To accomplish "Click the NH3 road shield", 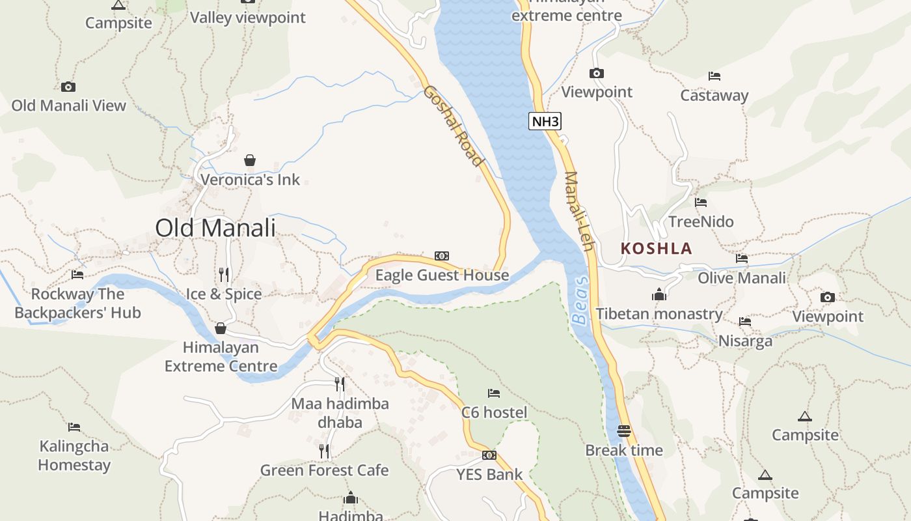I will [544, 121].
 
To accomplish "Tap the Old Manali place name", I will [215, 228].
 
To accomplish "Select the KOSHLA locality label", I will [656, 249].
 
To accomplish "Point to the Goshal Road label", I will [454, 125].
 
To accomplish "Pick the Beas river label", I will [580, 300].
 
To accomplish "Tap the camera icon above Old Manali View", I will [68, 87].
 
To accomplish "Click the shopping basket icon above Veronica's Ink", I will [250, 160].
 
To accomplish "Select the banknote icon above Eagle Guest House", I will [442, 256].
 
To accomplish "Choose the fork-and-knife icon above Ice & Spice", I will [224, 274].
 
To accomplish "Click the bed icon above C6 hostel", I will [494, 393].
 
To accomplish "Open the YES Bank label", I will [489, 474].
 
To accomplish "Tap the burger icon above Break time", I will [623, 430].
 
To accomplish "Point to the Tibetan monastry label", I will [659, 314].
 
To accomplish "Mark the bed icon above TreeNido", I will [701, 203].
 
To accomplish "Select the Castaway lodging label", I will [714, 95].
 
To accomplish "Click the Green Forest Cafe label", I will [324, 470].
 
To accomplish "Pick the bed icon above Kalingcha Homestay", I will [74, 427].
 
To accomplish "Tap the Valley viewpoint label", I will [247, 18].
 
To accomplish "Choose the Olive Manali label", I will [742, 278].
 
